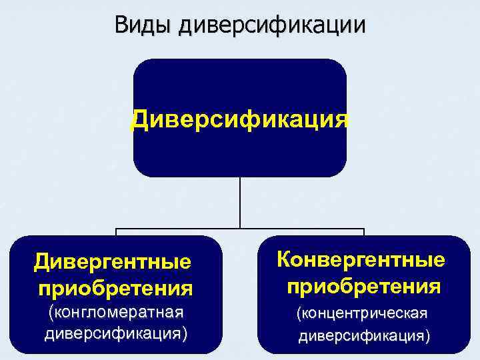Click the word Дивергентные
click(112, 262)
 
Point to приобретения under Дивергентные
click(115, 289)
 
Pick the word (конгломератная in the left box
click(114, 312)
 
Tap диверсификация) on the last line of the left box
click(115, 332)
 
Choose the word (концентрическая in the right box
click(361, 313)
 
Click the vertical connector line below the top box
click(239, 203)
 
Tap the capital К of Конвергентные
click(283, 258)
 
